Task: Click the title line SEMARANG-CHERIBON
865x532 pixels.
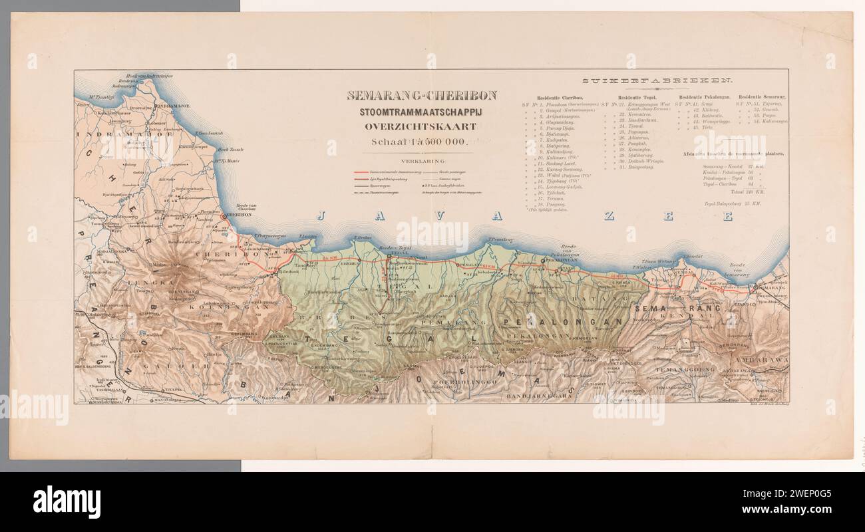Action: [x=421, y=95]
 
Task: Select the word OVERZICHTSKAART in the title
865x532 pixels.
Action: [x=421, y=126]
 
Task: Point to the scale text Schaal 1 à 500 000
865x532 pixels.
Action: [x=421, y=141]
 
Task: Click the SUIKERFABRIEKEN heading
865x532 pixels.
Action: [x=657, y=81]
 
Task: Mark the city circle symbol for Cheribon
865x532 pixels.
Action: [x=224, y=215]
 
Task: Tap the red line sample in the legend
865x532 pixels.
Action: [x=380, y=172]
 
